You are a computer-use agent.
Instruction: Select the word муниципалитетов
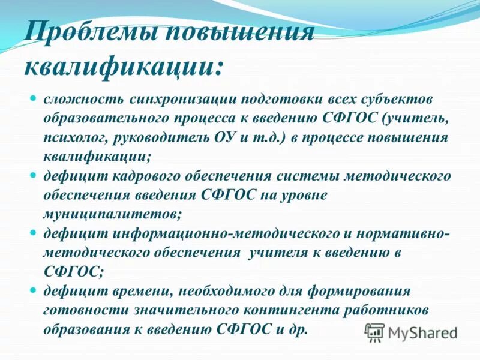112,214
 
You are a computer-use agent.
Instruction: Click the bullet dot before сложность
35,97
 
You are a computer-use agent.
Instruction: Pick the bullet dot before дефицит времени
35,290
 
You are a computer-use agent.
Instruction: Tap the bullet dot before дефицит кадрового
35,175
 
